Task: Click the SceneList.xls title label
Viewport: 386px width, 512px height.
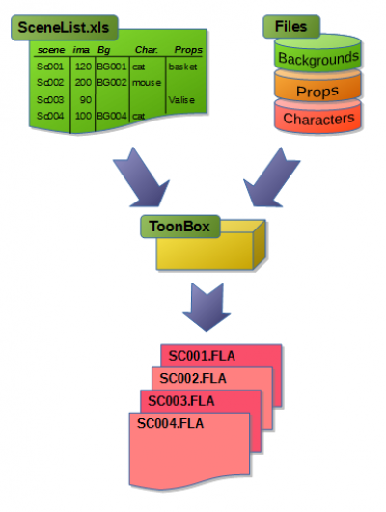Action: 65,27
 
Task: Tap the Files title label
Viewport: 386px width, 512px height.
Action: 291,26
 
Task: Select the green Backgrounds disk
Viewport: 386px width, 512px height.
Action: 318,54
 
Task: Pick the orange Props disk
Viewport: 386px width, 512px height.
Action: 318,87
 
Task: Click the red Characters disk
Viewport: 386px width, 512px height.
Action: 318,117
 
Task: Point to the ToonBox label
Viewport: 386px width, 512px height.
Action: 179,227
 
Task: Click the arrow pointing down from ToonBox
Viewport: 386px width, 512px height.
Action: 207,307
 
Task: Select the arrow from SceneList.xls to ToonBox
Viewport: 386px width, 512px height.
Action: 141,177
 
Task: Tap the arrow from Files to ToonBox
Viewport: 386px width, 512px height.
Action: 271,177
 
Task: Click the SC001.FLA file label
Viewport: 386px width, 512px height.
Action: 202,356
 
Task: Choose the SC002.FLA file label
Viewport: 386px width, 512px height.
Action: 193,378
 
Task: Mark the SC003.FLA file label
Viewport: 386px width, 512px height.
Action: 181,401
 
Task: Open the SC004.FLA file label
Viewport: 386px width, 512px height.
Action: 170,423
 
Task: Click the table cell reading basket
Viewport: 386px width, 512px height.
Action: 182,67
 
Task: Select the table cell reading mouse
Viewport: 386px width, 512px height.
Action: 147,83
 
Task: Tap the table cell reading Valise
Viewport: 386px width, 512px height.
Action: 181,99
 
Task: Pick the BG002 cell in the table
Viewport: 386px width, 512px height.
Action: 112,82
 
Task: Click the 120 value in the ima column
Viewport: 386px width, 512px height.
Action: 83,67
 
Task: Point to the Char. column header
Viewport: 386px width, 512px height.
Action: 147,50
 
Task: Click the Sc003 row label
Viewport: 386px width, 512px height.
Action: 50,99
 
